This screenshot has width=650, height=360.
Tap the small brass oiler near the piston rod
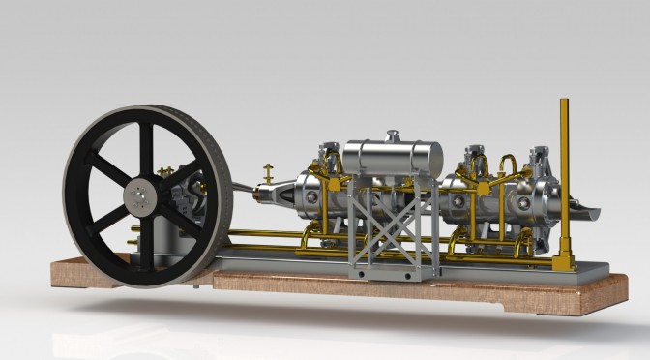(268, 174)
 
